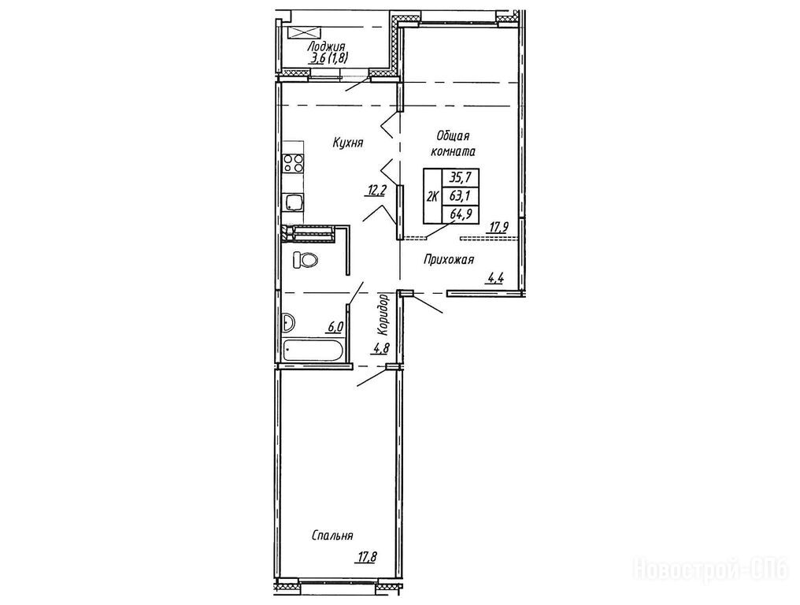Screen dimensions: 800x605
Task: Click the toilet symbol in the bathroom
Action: (x=306, y=261)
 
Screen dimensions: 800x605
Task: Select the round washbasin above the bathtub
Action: (x=287, y=323)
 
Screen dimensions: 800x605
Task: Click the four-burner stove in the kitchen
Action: (x=293, y=163)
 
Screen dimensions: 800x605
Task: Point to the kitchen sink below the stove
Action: (x=293, y=202)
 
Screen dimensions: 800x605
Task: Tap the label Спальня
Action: (x=332, y=536)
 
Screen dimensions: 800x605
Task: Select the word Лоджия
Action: (x=326, y=47)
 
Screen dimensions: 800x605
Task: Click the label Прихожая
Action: (x=449, y=260)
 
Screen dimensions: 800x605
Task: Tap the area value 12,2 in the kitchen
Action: (x=375, y=191)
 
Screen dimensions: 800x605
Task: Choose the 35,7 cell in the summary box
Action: (x=460, y=178)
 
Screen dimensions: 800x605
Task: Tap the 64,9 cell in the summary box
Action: (x=460, y=214)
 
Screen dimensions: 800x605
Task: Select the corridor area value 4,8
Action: (x=382, y=349)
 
